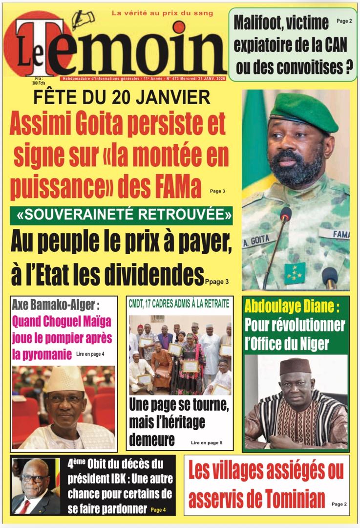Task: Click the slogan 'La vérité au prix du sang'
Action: coord(163,13)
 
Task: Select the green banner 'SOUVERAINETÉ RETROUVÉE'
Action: coord(121,215)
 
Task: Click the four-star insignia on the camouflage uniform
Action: coord(295,272)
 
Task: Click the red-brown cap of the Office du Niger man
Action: coord(295,366)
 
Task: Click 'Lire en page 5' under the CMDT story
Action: coord(207,442)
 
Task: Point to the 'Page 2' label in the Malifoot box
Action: coord(345,21)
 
